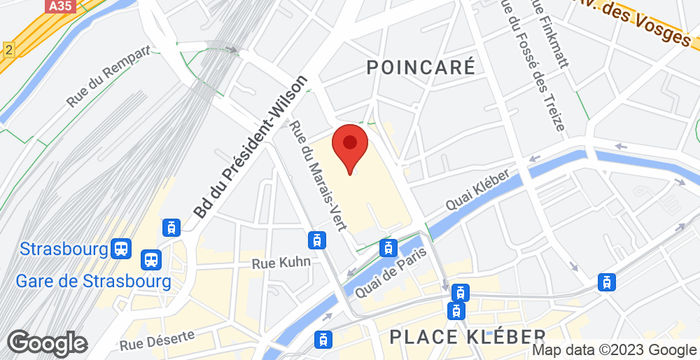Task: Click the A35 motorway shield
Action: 61,6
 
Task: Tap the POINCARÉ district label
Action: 420,66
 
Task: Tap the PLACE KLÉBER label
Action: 467,334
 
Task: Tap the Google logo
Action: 46,342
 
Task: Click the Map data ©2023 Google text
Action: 614,350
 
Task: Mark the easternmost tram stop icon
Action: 606,283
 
